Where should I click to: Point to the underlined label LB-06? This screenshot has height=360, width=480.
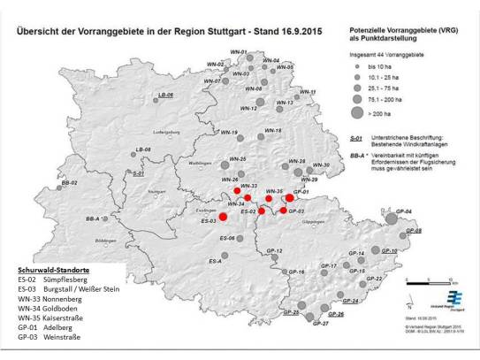point(164,95)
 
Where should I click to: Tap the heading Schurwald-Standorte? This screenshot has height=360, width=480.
point(53,266)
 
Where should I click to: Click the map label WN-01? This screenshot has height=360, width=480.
point(238,52)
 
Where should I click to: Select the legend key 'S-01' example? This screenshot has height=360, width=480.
point(354,139)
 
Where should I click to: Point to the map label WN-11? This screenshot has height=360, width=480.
point(308,92)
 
